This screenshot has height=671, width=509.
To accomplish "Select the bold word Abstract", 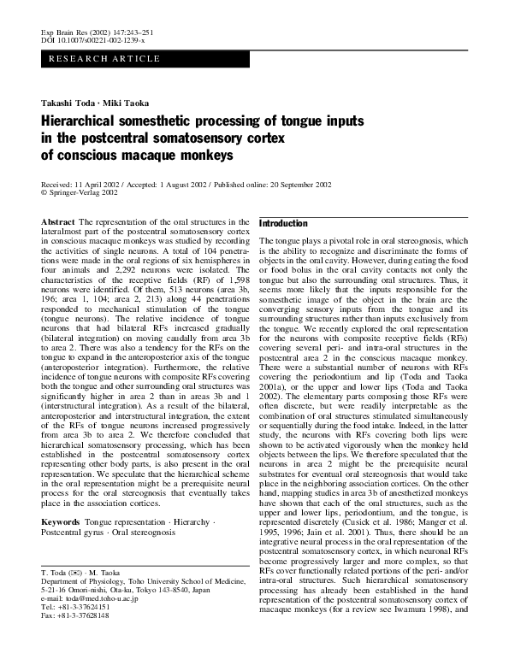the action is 57,222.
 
